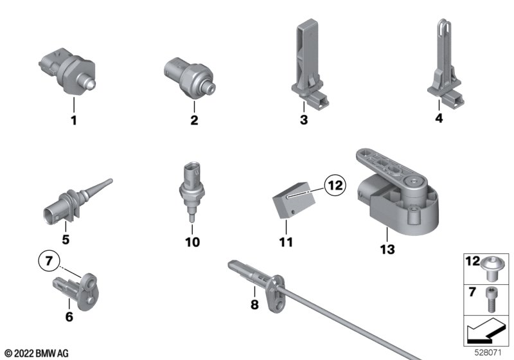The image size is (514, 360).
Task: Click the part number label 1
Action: [x=74, y=120]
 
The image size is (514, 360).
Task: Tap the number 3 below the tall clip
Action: [x=304, y=120]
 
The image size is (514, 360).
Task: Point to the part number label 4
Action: [x=439, y=118]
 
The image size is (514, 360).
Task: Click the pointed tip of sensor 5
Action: [x=111, y=181]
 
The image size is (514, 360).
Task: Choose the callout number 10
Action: [x=192, y=242]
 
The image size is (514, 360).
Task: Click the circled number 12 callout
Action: [x=335, y=186]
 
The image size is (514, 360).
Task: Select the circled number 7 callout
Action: [x=49, y=261]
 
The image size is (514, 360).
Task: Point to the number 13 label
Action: [x=387, y=249]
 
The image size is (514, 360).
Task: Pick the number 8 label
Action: [x=254, y=305]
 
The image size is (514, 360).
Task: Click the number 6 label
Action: [x=69, y=317]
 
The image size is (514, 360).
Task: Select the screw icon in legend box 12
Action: [x=490, y=269]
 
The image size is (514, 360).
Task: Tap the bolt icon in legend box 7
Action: [x=490, y=300]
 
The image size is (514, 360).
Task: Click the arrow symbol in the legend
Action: [x=484, y=332]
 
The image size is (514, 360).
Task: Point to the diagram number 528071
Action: [x=488, y=353]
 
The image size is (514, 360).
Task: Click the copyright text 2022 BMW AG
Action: [x=37, y=354]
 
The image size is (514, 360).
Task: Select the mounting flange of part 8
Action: [x=276, y=292]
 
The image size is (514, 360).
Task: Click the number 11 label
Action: [x=286, y=242]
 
